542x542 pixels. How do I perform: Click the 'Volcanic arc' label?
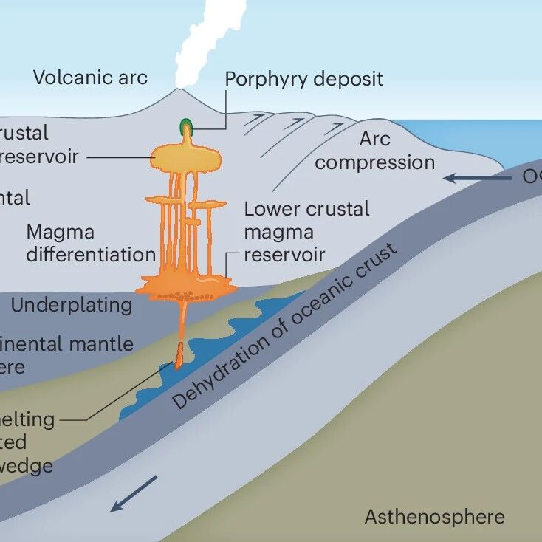point(90,77)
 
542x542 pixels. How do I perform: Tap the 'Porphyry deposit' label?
point(303,79)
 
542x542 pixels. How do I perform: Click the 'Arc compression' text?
point(374,151)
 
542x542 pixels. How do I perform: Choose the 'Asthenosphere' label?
point(434,516)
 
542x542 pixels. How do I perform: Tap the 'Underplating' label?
point(72,304)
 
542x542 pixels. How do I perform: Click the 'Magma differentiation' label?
point(91,243)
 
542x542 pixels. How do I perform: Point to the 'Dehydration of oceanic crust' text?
point(285,325)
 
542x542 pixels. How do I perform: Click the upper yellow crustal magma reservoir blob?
point(185,157)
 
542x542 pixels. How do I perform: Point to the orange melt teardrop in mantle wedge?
point(179,357)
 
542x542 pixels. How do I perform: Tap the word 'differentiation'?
point(91,254)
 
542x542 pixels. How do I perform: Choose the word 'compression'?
point(374,162)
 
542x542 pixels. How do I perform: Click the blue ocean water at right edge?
point(517,140)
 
